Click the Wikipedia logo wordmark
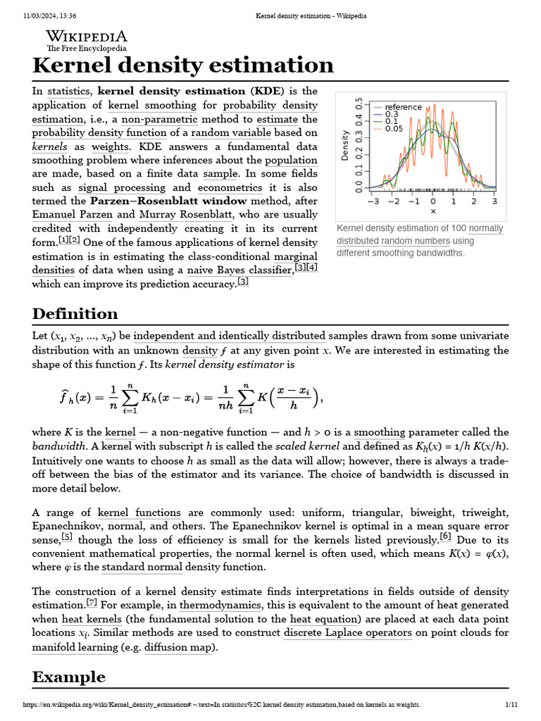(87, 37)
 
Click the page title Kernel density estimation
(182, 65)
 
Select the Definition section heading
(75, 313)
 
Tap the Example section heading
(69, 677)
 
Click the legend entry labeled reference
(403, 107)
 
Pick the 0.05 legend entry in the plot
(394, 128)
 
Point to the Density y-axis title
(345, 145)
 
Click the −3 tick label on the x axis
(373, 201)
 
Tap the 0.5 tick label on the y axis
(359, 104)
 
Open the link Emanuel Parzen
(73, 215)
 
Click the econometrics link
(230, 187)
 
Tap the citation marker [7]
(92, 603)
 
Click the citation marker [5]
(67, 537)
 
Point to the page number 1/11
(511, 704)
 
